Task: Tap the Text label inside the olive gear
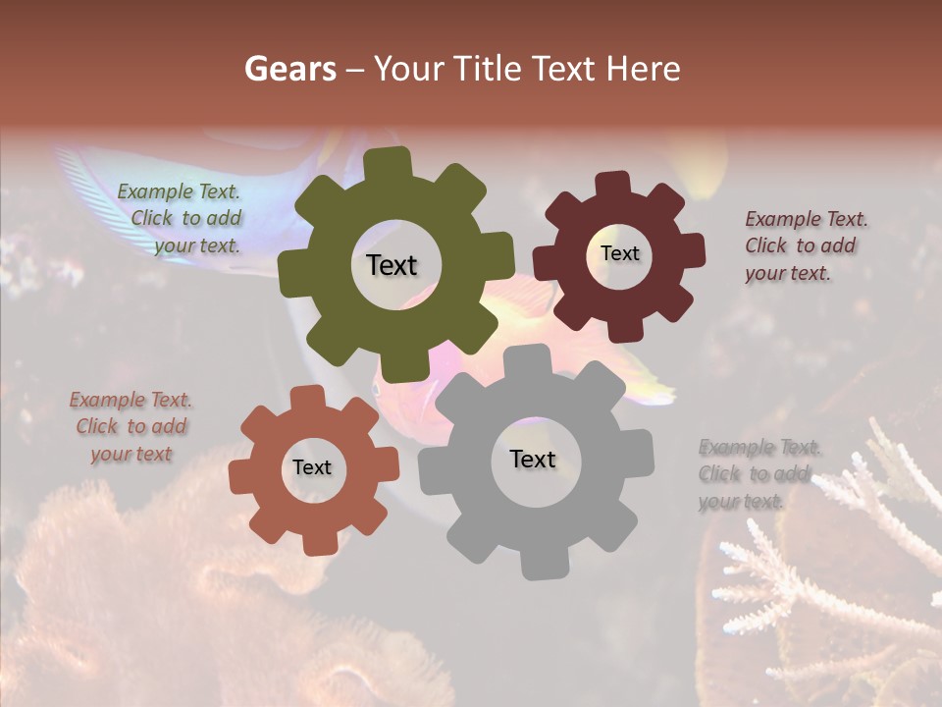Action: tap(392, 265)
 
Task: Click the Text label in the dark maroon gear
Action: tap(619, 253)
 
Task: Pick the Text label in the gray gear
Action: tap(533, 459)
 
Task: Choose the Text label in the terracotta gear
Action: tap(312, 468)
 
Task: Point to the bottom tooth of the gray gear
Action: tap(538, 562)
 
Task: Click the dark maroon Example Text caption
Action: tap(805, 245)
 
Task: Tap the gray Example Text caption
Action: tap(758, 473)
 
